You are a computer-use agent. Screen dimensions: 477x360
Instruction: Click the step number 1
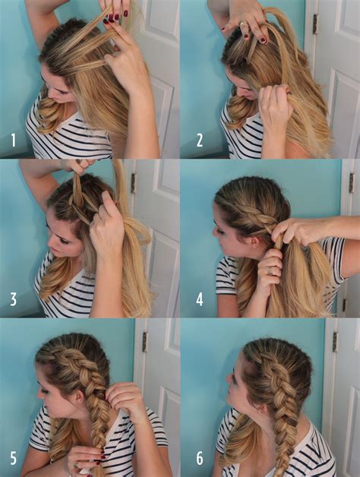(x=13, y=141)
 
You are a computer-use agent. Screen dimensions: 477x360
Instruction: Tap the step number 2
(x=199, y=141)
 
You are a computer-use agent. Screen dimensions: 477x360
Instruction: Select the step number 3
(x=13, y=299)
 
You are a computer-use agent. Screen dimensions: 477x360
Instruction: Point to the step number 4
(x=199, y=299)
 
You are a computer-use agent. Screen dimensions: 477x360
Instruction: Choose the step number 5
(x=13, y=458)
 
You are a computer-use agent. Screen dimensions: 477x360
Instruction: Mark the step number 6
(x=199, y=458)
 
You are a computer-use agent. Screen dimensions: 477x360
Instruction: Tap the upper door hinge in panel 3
(x=132, y=183)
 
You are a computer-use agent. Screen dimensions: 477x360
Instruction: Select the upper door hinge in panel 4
(x=351, y=182)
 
